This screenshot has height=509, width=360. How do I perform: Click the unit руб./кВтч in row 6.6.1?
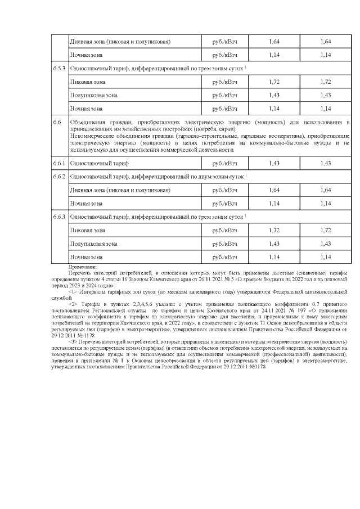pyautogui.click(x=224, y=163)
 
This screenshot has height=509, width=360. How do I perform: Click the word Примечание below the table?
pyautogui.click(x=83, y=265)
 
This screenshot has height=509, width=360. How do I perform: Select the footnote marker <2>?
pyautogui.click(x=73, y=303)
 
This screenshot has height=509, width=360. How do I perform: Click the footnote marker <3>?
pyautogui.click(x=73, y=341)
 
